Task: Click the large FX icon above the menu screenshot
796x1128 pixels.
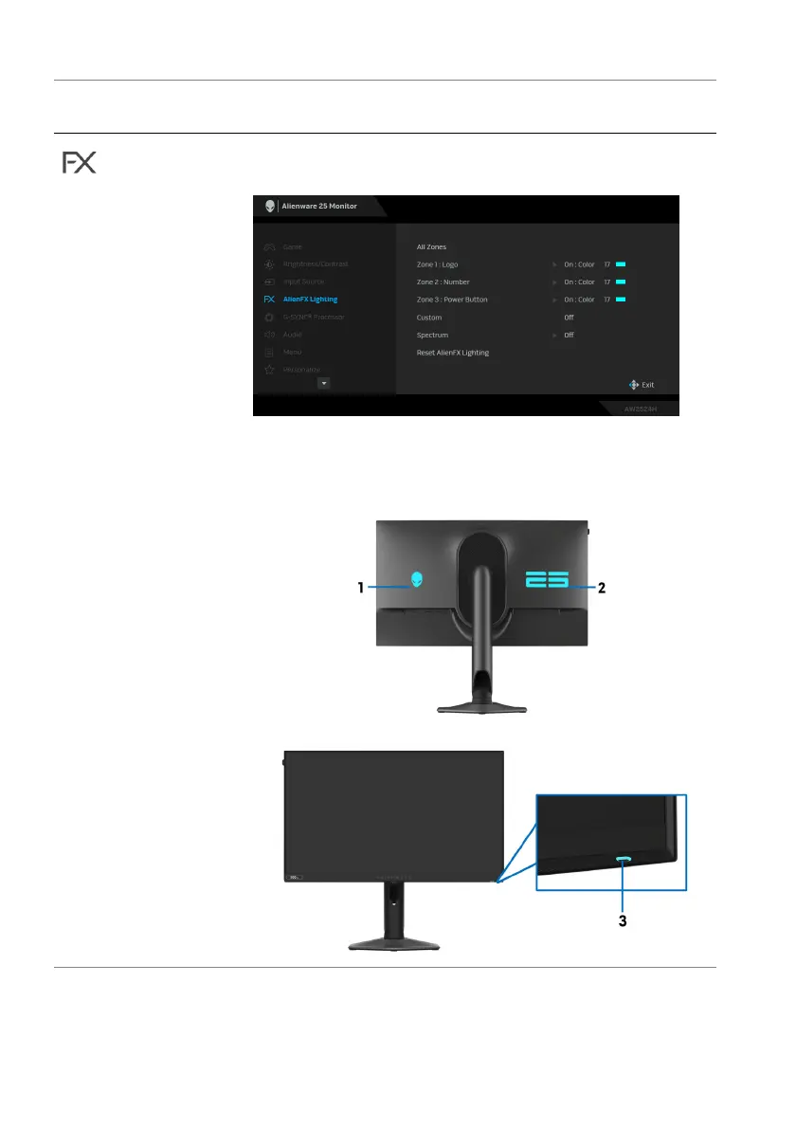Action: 80,162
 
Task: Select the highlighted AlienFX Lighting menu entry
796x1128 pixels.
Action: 310,300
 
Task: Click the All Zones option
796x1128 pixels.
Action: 431,247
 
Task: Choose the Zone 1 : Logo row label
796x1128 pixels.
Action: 437,264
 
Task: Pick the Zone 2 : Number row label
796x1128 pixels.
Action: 443,282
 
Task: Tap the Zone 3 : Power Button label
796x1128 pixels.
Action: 452,300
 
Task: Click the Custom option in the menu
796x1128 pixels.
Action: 429,318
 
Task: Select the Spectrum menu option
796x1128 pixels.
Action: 432,335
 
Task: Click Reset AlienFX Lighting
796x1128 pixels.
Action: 453,353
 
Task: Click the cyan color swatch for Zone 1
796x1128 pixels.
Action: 622,264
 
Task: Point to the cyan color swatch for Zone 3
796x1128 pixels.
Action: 622,300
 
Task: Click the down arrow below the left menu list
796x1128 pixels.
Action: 323,383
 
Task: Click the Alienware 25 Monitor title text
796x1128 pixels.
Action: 319,206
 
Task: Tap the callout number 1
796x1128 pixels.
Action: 360,588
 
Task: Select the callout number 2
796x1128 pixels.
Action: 602,588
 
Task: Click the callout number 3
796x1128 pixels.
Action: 624,920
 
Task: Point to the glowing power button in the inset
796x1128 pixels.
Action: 624,860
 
